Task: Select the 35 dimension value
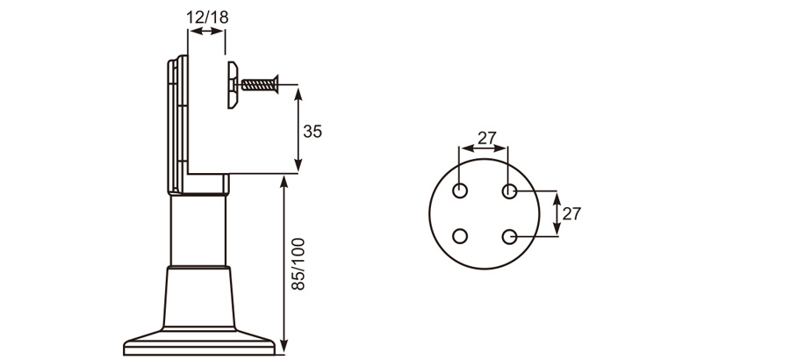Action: point(312,132)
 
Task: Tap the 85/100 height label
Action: point(298,264)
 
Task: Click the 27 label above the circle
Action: point(486,138)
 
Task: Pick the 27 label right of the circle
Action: point(571,213)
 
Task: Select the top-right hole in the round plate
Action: point(508,191)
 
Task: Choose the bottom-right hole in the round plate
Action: point(508,235)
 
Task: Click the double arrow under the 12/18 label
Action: point(207,32)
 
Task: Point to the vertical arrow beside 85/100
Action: point(284,263)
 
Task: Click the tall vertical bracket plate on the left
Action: point(173,123)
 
